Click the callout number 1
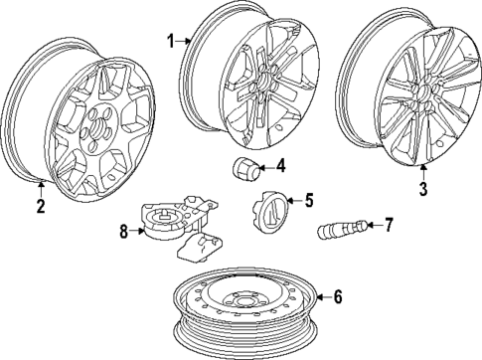(171, 41)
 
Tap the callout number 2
(41, 207)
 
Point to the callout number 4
(281, 165)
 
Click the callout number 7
(389, 225)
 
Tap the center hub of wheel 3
(418, 95)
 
